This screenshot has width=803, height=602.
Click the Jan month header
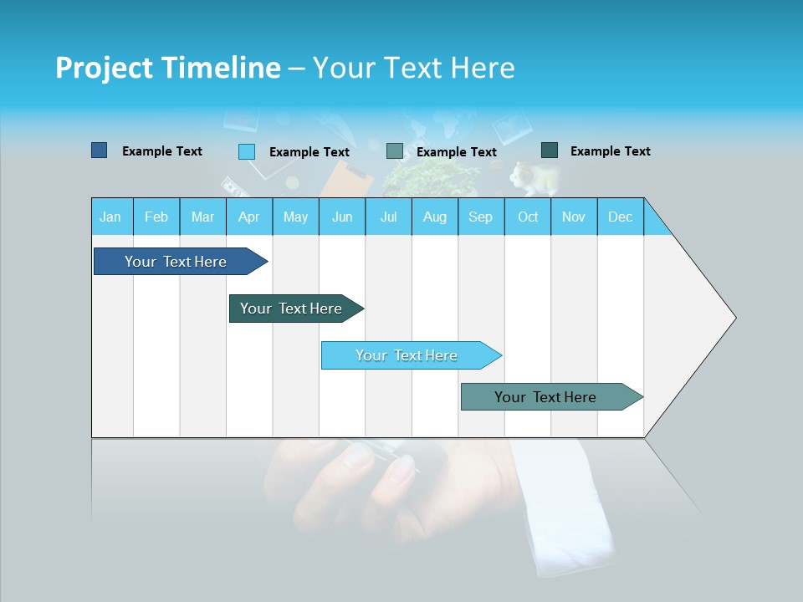[x=110, y=217]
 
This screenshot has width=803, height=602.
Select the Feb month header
[x=156, y=217]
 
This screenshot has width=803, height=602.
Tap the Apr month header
[x=248, y=217]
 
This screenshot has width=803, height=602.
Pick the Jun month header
[x=342, y=217]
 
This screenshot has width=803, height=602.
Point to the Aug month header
[x=434, y=217]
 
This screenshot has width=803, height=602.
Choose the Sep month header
[x=480, y=217]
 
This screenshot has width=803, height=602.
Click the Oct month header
[x=528, y=217]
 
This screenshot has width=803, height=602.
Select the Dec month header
[x=620, y=217]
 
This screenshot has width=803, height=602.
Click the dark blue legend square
[x=100, y=150]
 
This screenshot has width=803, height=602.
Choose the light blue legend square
[x=247, y=151]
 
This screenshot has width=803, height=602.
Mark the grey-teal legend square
[x=395, y=151]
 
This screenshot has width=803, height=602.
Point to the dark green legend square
[x=550, y=150]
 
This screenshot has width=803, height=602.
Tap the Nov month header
[x=574, y=217]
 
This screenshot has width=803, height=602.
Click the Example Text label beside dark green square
[x=610, y=151]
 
